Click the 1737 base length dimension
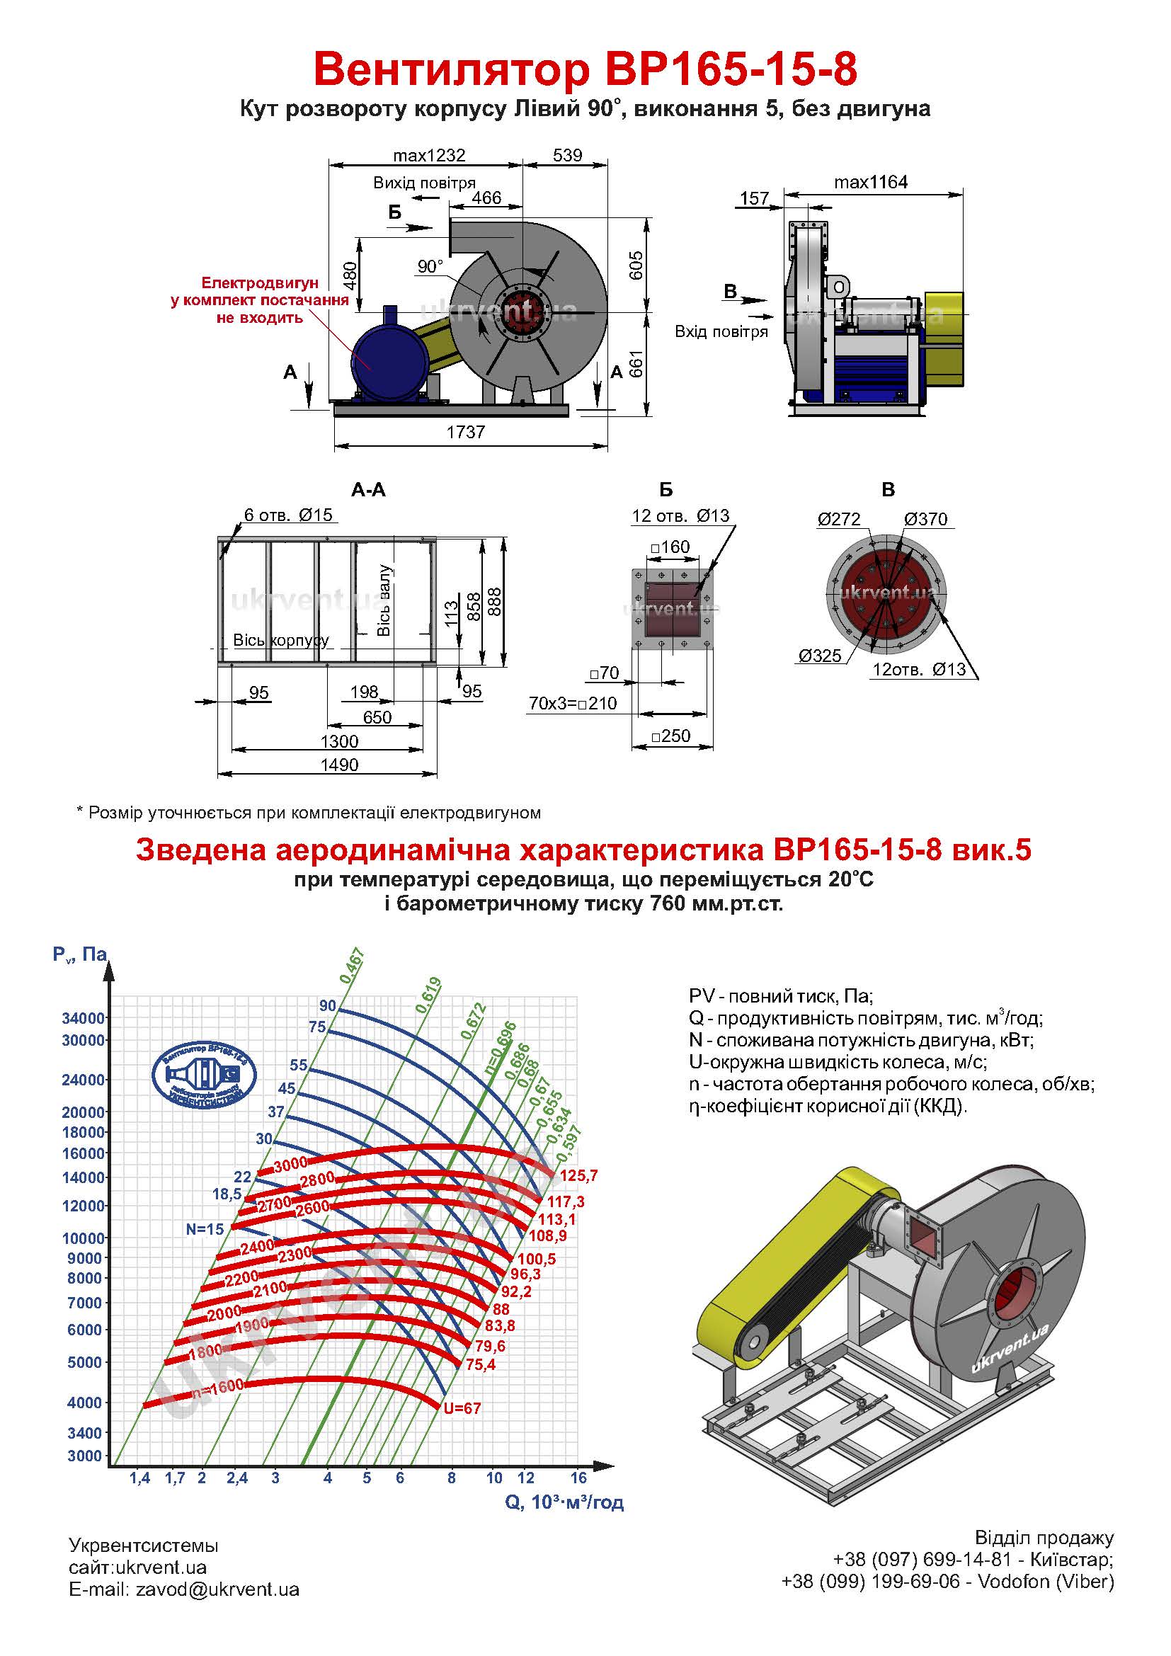click(x=465, y=432)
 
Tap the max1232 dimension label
click(x=429, y=155)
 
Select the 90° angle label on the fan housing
click(x=430, y=267)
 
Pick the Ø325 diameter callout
click(x=820, y=656)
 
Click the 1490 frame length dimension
click(x=339, y=765)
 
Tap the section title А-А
click(x=368, y=491)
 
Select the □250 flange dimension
click(x=670, y=736)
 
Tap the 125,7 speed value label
click(x=578, y=1177)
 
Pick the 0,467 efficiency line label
click(x=353, y=967)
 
